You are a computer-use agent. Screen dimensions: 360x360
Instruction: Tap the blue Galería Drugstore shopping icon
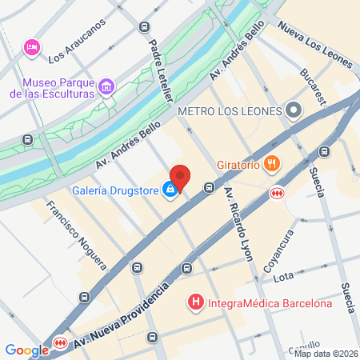point(170,190)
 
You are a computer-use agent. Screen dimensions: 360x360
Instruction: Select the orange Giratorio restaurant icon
point(273,166)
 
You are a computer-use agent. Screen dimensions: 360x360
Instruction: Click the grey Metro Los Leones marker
point(294,110)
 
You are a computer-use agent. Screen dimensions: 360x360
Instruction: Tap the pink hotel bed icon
point(32,47)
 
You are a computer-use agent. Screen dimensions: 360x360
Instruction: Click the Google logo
point(26,350)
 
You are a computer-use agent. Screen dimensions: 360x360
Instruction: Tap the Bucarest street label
point(311,86)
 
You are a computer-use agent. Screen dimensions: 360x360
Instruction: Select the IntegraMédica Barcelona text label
point(270,303)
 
